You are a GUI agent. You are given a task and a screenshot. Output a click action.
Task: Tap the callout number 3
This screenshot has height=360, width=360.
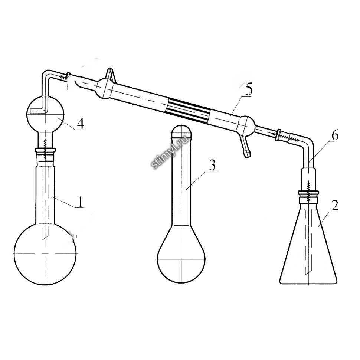(213, 165)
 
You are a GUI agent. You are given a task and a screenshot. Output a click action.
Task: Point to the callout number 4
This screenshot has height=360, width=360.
(81, 124)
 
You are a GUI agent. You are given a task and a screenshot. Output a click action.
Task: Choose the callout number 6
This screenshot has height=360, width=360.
(335, 136)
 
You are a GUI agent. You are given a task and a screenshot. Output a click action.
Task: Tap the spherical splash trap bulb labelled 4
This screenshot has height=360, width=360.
(45, 114)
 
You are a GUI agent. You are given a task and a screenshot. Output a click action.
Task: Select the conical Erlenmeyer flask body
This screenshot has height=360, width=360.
(308, 243)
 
